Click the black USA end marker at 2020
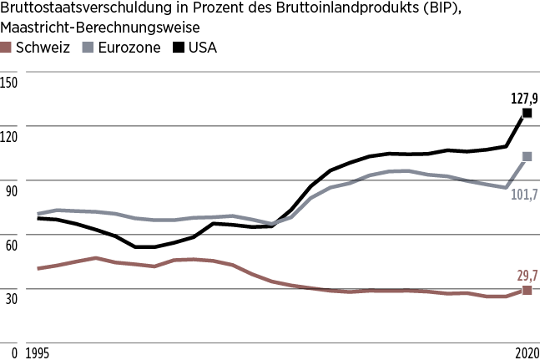[x=527, y=113]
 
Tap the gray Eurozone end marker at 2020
[x=527, y=156]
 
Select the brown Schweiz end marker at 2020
[x=527, y=290]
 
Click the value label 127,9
[x=524, y=98]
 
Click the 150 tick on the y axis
[x=9, y=83]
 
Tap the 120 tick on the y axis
[x=9, y=137]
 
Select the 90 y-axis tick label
[x=9, y=191]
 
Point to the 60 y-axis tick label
[x=9, y=246]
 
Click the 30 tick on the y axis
[x=9, y=300]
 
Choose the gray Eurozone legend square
[x=88, y=48]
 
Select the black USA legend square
[x=178, y=48]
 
